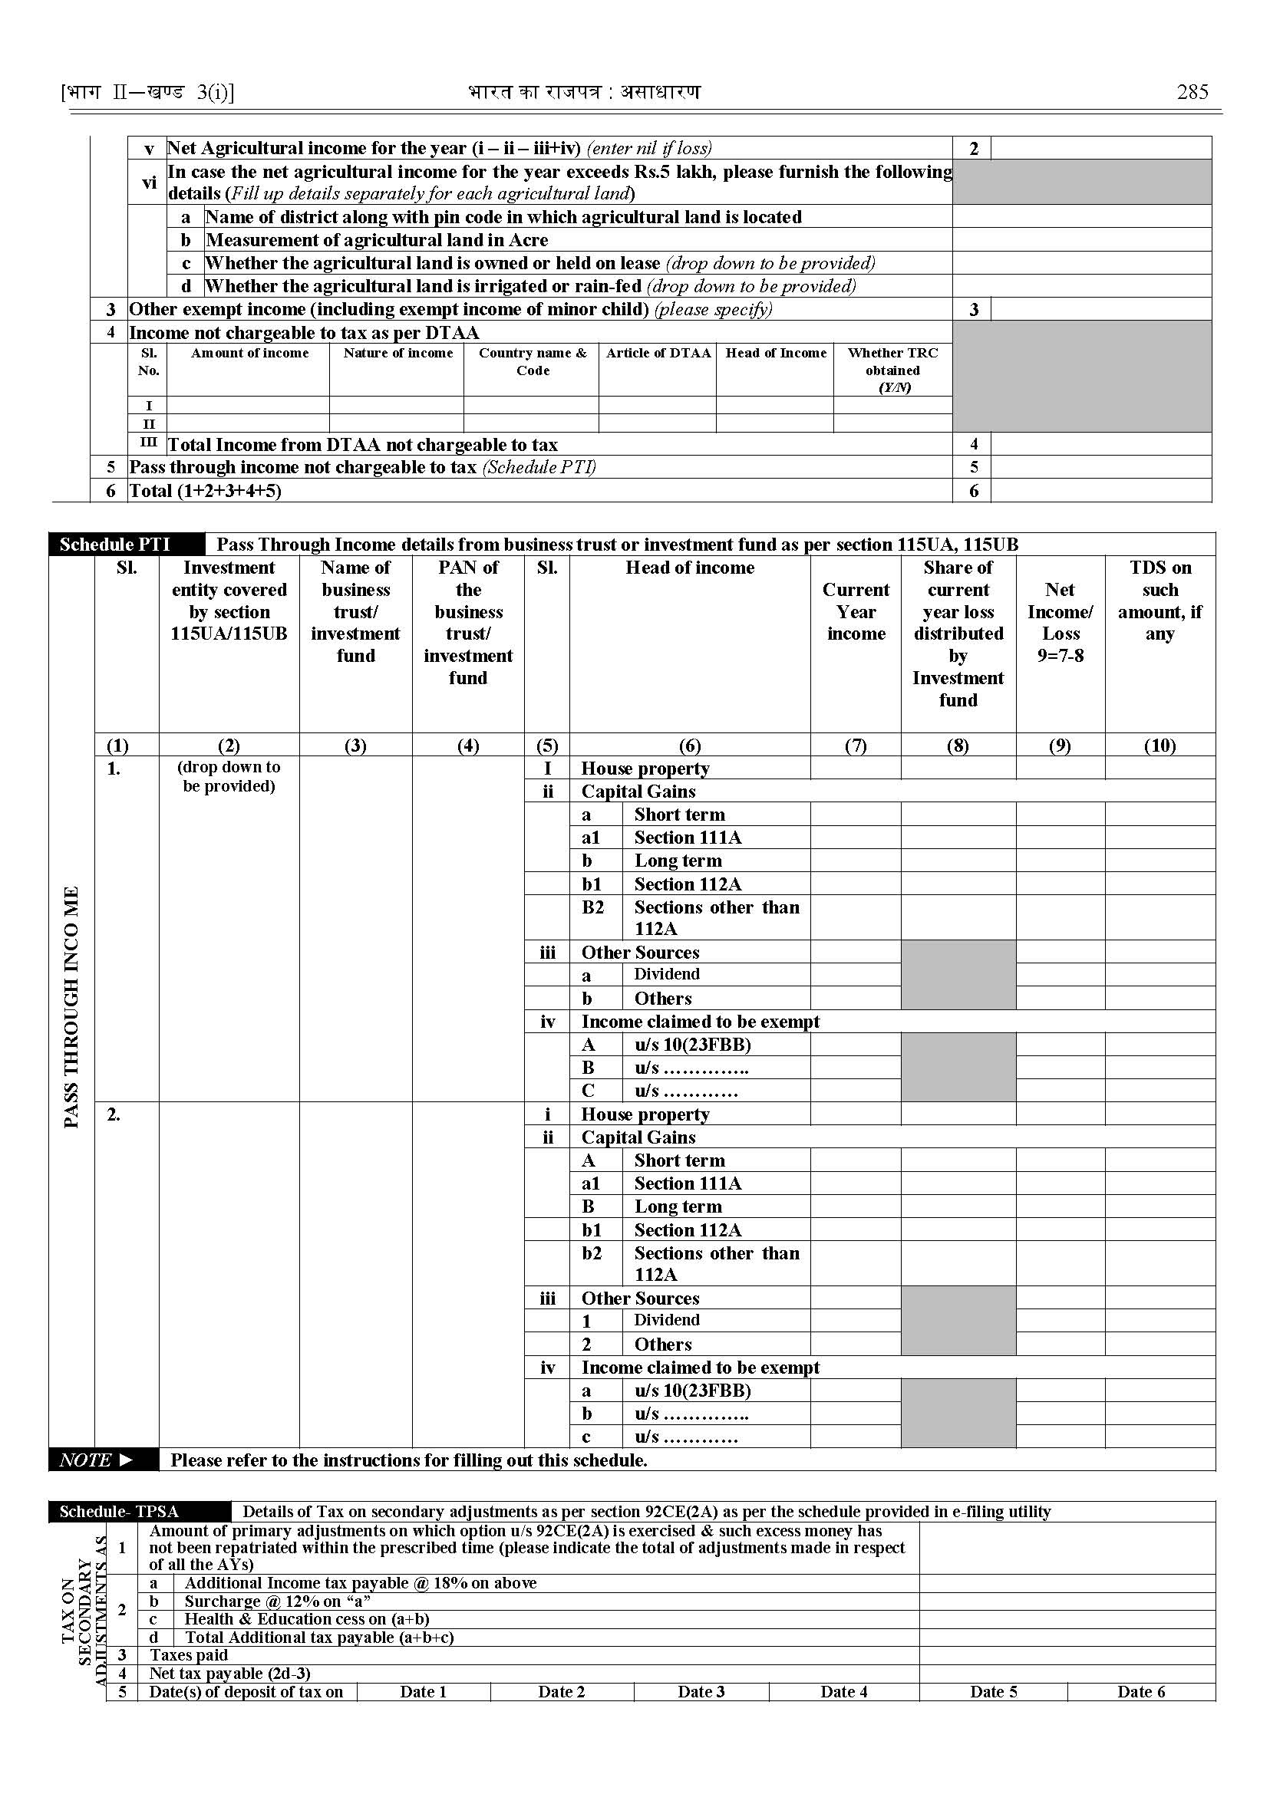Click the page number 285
(x=1192, y=92)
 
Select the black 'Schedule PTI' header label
(x=115, y=544)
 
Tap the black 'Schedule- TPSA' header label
(x=119, y=1511)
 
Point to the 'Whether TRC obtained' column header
(x=892, y=370)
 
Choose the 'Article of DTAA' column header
(x=658, y=354)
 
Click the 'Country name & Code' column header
(x=532, y=361)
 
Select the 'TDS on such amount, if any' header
(x=1159, y=601)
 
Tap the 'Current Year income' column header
(x=856, y=611)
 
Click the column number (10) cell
(x=1159, y=745)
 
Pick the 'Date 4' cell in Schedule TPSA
(x=843, y=1691)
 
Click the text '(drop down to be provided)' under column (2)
(x=229, y=776)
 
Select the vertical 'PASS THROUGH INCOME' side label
(x=71, y=1007)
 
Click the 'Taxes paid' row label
(x=189, y=1655)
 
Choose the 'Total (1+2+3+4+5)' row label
(x=205, y=490)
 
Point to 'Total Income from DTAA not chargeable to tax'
(x=363, y=445)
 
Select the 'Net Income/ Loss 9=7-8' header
(x=1060, y=622)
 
